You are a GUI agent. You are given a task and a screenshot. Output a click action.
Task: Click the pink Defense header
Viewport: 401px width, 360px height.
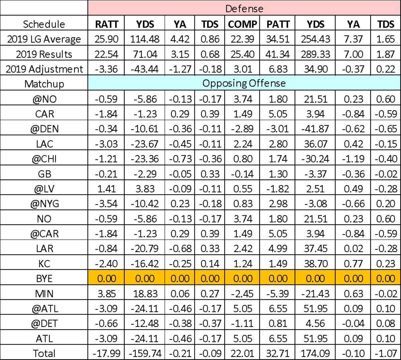pyautogui.click(x=244, y=8)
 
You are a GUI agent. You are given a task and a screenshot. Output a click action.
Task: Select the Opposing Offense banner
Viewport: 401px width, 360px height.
pyautogui.click(x=244, y=83)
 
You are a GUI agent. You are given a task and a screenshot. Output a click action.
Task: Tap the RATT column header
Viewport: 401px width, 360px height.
pyautogui.click(x=106, y=24)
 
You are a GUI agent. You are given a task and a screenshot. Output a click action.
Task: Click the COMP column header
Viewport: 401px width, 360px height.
pyautogui.click(x=243, y=24)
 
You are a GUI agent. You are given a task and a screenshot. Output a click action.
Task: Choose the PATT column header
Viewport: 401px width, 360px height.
pyautogui.click(x=278, y=24)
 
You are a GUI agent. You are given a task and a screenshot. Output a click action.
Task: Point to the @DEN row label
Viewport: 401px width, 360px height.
pyautogui.click(x=44, y=129)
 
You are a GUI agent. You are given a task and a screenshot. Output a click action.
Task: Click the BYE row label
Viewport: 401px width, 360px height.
pyautogui.click(x=44, y=278)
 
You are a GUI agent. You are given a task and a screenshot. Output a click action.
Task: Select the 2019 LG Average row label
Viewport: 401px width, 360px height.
pyautogui.click(x=44, y=39)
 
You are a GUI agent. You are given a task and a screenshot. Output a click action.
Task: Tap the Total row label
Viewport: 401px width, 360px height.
pyautogui.click(x=44, y=353)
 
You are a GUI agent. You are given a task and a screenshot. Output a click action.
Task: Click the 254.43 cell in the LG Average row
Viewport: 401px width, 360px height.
pyautogui.click(x=315, y=39)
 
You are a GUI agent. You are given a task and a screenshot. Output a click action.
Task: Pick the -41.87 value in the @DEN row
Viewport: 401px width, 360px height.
pyautogui.click(x=315, y=129)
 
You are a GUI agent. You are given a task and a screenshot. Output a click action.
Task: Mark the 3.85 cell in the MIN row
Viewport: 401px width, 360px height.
pyautogui.click(x=106, y=293)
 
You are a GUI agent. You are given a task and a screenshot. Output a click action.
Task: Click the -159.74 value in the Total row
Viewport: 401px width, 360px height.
pyautogui.click(x=145, y=353)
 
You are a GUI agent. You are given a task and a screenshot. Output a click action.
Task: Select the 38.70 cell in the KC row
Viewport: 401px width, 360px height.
pyautogui.click(x=315, y=263)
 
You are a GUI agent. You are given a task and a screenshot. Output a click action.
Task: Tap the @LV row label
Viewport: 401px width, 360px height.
pyautogui.click(x=44, y=189)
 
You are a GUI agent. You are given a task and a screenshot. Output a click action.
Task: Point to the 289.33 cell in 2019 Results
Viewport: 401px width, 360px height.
pyautogui.click(x=315, y=54)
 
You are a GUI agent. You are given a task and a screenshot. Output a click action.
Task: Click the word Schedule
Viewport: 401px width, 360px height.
pyautogui.click(x=44, y=24)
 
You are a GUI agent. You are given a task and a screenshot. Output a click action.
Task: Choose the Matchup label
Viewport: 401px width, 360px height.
pyautogui.click(x=44, y=83)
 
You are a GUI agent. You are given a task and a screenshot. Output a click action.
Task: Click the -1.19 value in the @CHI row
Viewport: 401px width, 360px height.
pyautogui.click(x=353, y=158)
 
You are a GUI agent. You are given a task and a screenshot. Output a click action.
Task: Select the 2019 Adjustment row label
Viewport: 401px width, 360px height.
pyautogui.click(x=44, y=69)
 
